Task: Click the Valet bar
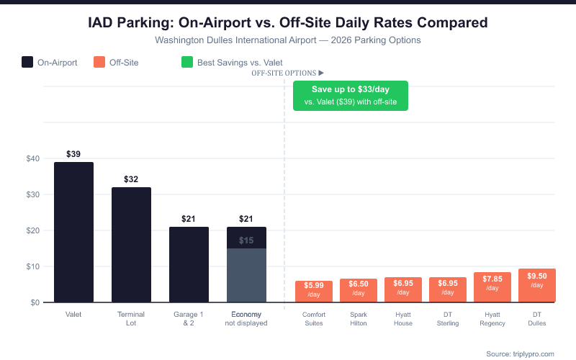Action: coord(73,232)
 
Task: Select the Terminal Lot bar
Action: coord(131,245)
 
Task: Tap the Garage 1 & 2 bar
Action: coord(189,264)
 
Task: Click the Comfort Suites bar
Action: coord(314,292)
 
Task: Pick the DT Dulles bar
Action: coord(537,286)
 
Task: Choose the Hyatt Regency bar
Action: coord(492,287)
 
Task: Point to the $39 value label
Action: coord(73,154)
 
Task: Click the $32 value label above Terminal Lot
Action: coord(131,179)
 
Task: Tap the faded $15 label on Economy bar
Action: coord(246,240)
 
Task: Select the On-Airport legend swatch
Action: coord(27,63)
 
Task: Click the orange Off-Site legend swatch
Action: coord(99,63)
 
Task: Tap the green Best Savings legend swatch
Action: coord(186,63)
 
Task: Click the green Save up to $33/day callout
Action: coord(350,96)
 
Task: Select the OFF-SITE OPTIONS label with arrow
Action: coord(287,73)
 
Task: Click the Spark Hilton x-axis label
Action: coord(359,319)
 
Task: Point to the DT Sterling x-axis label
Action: coord(448,319)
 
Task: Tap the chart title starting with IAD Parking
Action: coord(288,23)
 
